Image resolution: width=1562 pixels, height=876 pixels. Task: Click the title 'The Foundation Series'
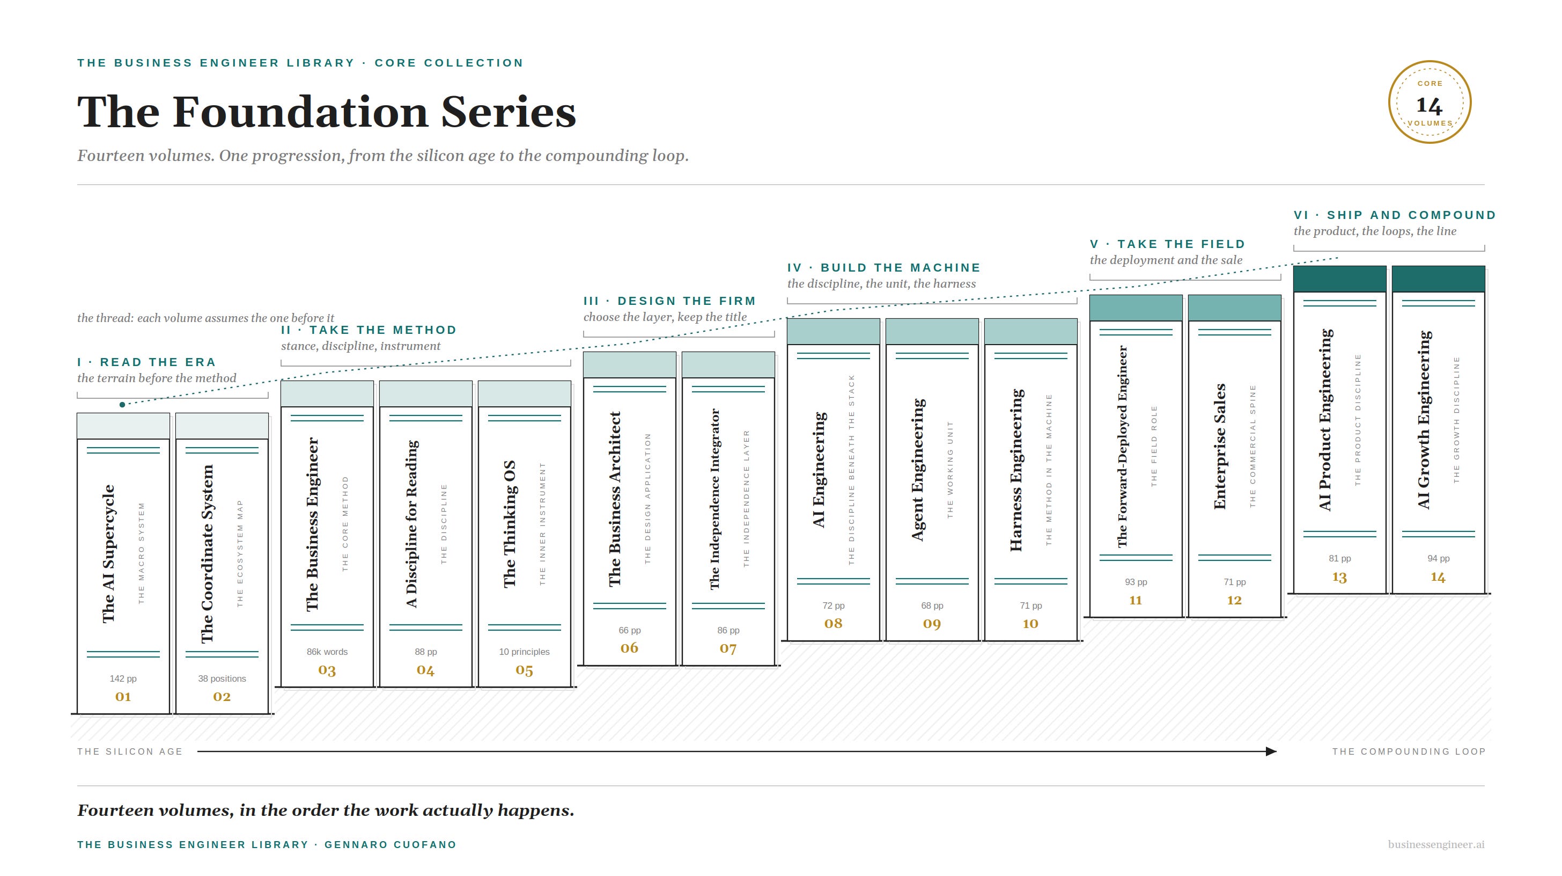click(x=326, y=112)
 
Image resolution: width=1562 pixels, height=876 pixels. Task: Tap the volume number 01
click(x=123, y=696)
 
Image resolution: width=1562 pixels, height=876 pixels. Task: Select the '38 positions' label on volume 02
click(x=222, y=678)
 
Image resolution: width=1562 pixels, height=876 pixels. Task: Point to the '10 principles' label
click(x=525, y=652)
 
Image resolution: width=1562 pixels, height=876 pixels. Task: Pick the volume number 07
click(x=728, y=648)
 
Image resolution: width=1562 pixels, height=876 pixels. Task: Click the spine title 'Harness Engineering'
click(x=1017, y=470)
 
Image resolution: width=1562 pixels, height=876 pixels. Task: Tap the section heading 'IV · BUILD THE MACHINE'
click(x=883, y=267)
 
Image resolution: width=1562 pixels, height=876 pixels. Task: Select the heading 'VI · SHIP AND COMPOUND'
click(x=1395, y=215)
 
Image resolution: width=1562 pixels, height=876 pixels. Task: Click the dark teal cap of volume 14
click(x=1438, y=279)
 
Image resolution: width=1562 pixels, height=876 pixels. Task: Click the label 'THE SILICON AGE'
click(x=130, y=751)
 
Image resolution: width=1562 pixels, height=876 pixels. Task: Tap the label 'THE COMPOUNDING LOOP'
click(x=1409, y=751)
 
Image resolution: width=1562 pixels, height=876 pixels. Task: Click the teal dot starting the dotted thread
click(x=122, y=405)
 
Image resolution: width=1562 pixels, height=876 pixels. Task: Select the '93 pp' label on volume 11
click(x=1136, y=582)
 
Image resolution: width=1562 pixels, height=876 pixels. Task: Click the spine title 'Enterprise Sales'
click(x=1220, y=446)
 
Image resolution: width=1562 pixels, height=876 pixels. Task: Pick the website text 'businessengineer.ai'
click(x=1436, y=844)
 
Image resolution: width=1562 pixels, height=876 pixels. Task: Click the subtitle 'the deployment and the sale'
click(x=1166, y=260)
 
